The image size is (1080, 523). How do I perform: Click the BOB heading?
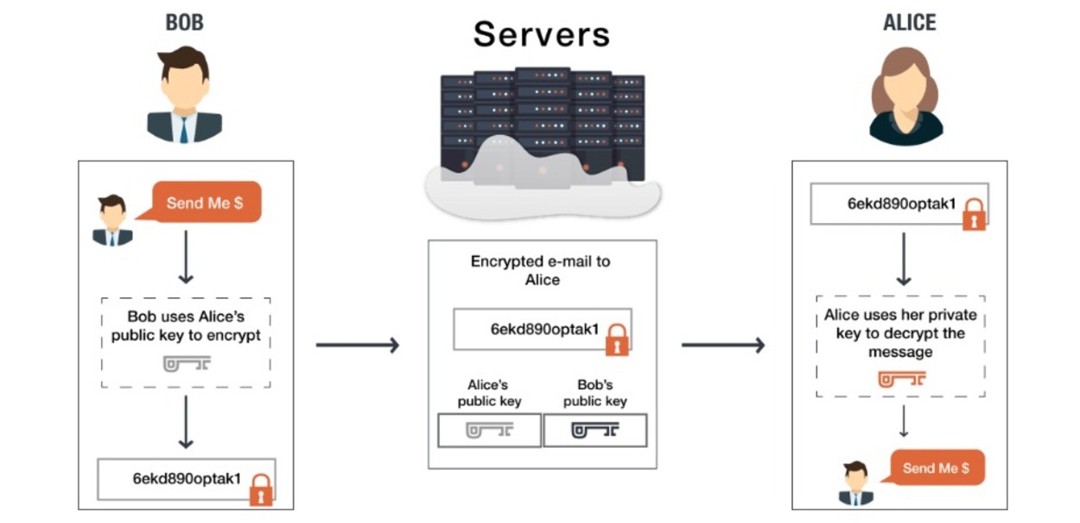click(184, 22)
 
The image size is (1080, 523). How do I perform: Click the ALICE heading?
click(908, 22)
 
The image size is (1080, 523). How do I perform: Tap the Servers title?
click(542, 34)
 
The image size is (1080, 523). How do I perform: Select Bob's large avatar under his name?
click(184, 95)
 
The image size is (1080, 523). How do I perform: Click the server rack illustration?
click(543, 130)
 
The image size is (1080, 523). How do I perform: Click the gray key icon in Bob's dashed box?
click(187, 363)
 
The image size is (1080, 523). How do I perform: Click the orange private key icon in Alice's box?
click(902, 379)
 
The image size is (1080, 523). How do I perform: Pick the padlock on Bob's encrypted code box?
click(260, 490)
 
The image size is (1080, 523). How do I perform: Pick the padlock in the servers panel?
click(616, 340)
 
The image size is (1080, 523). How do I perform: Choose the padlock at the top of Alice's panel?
click(975, 214)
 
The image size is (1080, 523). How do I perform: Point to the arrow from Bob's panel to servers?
click(357, 346)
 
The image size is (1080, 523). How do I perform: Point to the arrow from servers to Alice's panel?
click(723, 346)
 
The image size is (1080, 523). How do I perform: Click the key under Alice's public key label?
click(490, 430)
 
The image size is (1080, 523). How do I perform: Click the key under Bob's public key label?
click(595, 430)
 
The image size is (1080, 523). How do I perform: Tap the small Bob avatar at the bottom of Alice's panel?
click(855, 483)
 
